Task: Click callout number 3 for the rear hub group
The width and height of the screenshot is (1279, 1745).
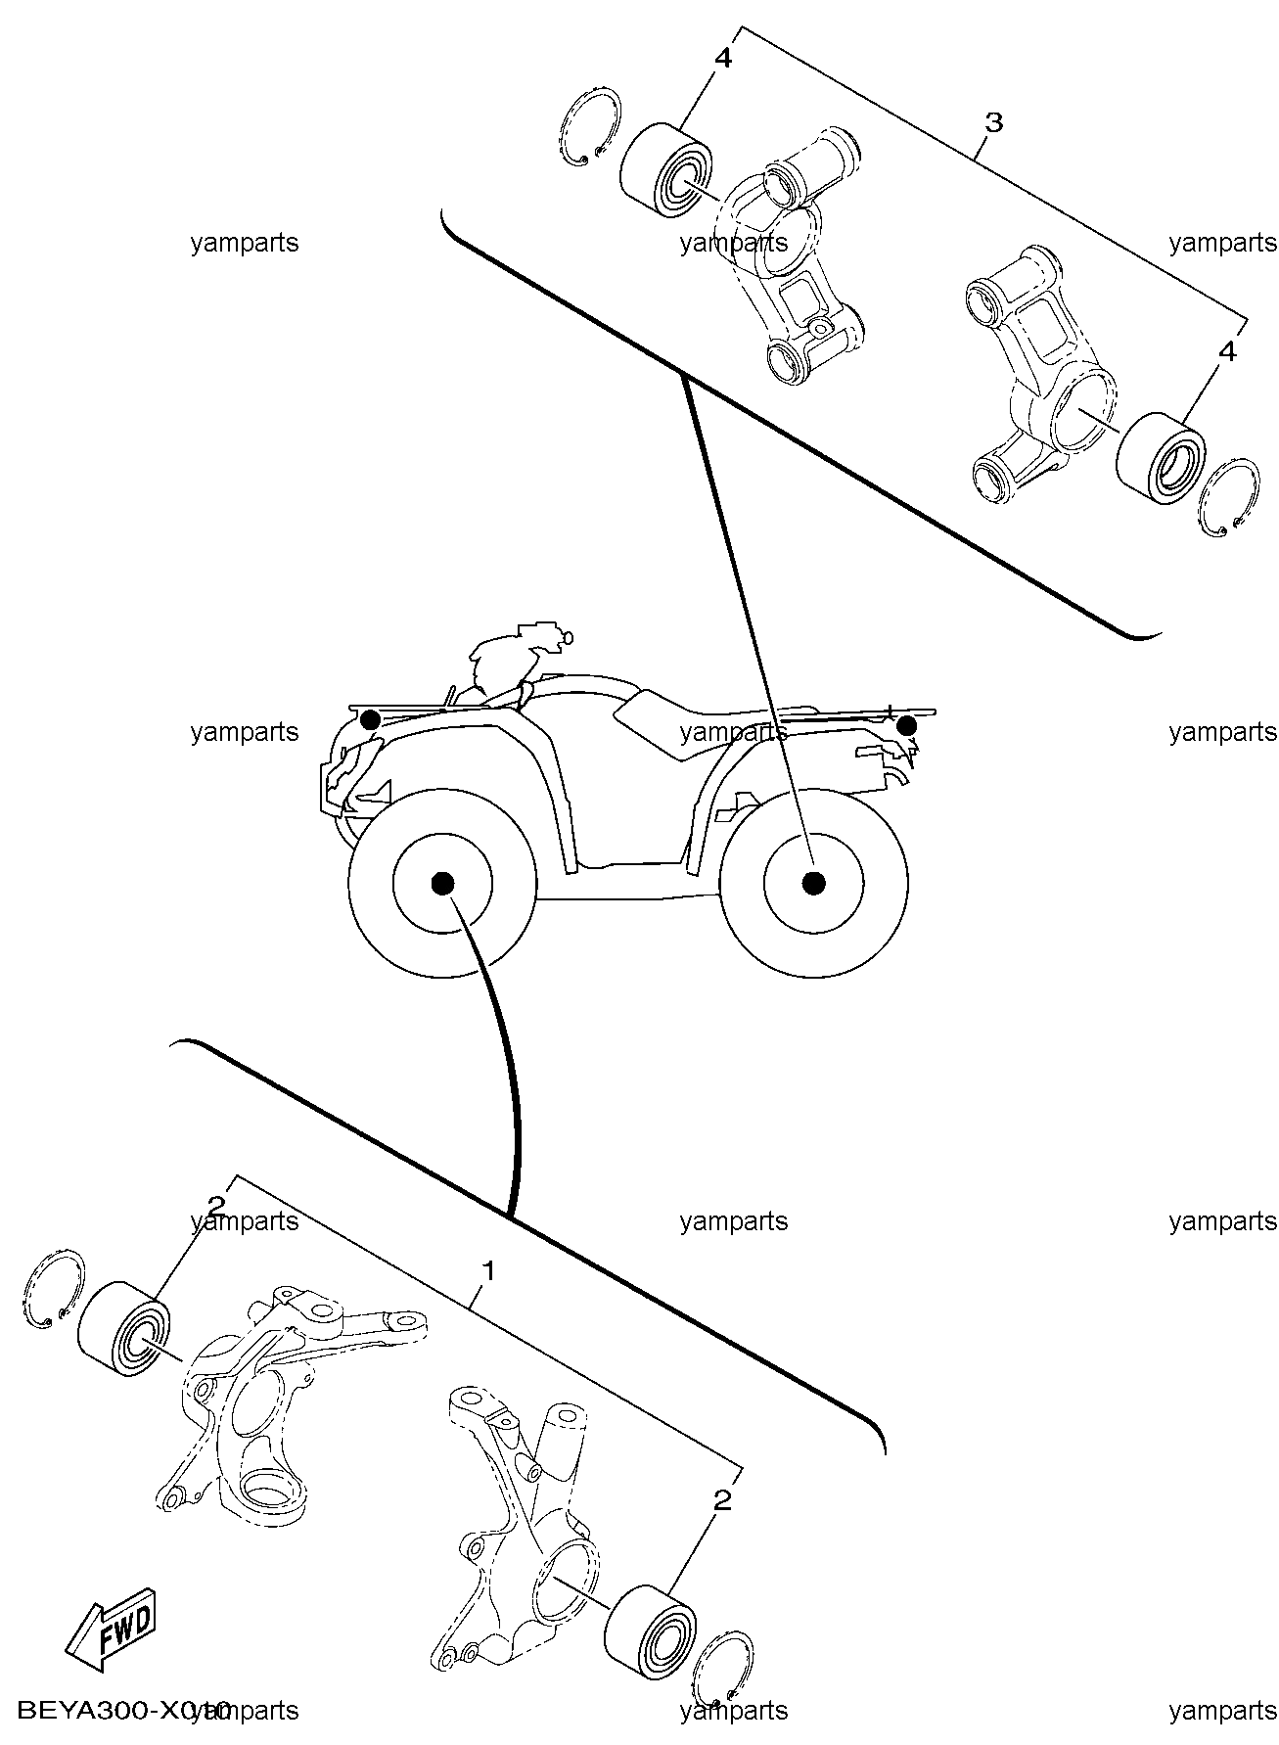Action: click(x=992, y=123)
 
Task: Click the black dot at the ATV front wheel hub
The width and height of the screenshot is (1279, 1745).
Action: click(x=442, y=883)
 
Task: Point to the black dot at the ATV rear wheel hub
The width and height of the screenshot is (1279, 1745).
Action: click(x=811, y=883)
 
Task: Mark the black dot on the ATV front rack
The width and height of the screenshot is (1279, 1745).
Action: click(x=370, y=720)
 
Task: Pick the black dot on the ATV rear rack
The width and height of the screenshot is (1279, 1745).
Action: click(x=907, y=725)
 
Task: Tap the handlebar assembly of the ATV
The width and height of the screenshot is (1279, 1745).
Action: click(x=509, y=651)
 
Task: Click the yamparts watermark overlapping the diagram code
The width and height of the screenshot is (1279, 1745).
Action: click(x=245, y=1710)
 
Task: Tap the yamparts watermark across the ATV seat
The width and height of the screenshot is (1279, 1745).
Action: click(x=734, y=732)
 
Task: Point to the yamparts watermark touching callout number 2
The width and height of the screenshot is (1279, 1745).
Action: click(x=245, y=1220)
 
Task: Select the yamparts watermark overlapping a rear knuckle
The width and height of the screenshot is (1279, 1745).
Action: click(x=734, y=243)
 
